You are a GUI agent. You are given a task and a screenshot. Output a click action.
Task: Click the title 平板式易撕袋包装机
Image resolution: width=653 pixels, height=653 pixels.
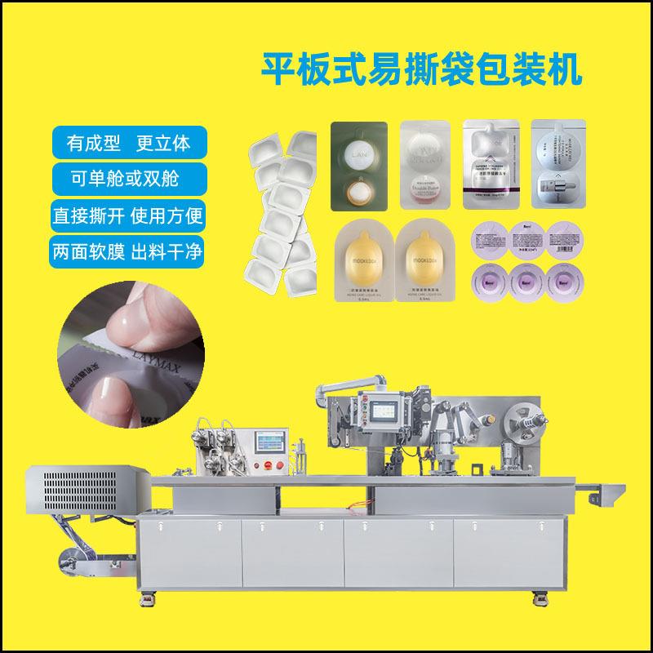pyautogui.click(x=420, y=68)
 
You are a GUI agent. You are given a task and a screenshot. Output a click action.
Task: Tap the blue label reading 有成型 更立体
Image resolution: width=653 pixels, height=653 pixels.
pyautogui.click(x=129, y=143)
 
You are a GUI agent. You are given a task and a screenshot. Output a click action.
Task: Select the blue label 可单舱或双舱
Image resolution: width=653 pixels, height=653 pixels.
pyautogui.click(x=129, y=179)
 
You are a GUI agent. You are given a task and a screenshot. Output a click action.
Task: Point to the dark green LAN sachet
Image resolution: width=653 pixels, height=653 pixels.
pyautogui.click(x=361, y=162)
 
